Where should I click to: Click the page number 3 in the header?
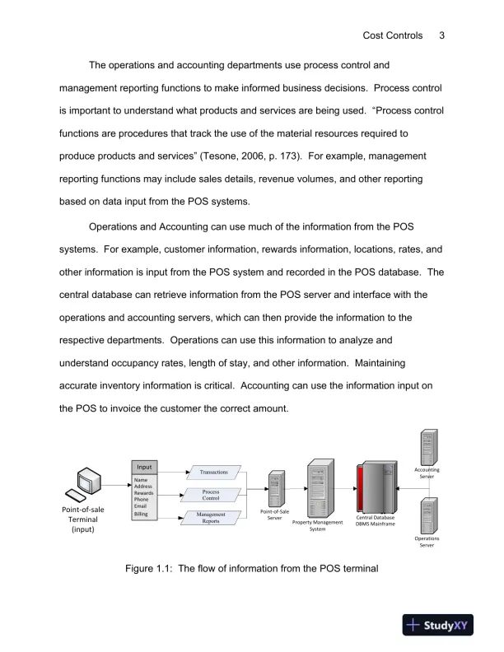coord(442,35)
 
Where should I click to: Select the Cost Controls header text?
coord(393,35)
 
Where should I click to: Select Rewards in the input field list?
coord(144,492)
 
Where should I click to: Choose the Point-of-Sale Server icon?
coord(275,490)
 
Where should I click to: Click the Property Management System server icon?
coord(318,487)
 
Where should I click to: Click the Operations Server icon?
coord(427,515)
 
